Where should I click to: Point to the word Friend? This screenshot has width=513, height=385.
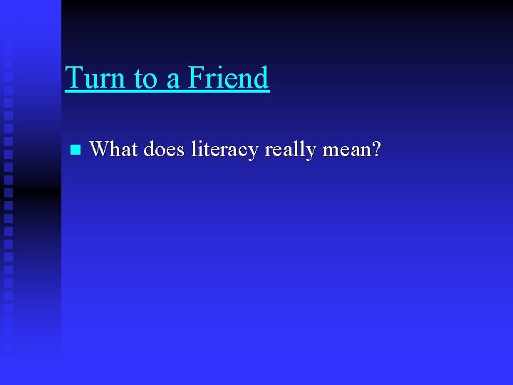pyautogui.click(x=228, y=78)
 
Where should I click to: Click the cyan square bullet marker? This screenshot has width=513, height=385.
pyautogui.click(x=75, y=150)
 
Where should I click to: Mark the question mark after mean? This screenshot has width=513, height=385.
pyautogui.click(x=376, y=149)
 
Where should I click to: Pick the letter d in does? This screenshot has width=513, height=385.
pyautogui.click(x=150, y=149)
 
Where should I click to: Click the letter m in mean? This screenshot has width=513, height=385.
pyautogui.click(x=330, y=152)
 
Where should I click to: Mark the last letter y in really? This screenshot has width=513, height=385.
pyautogui.click(x=311, y=153)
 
